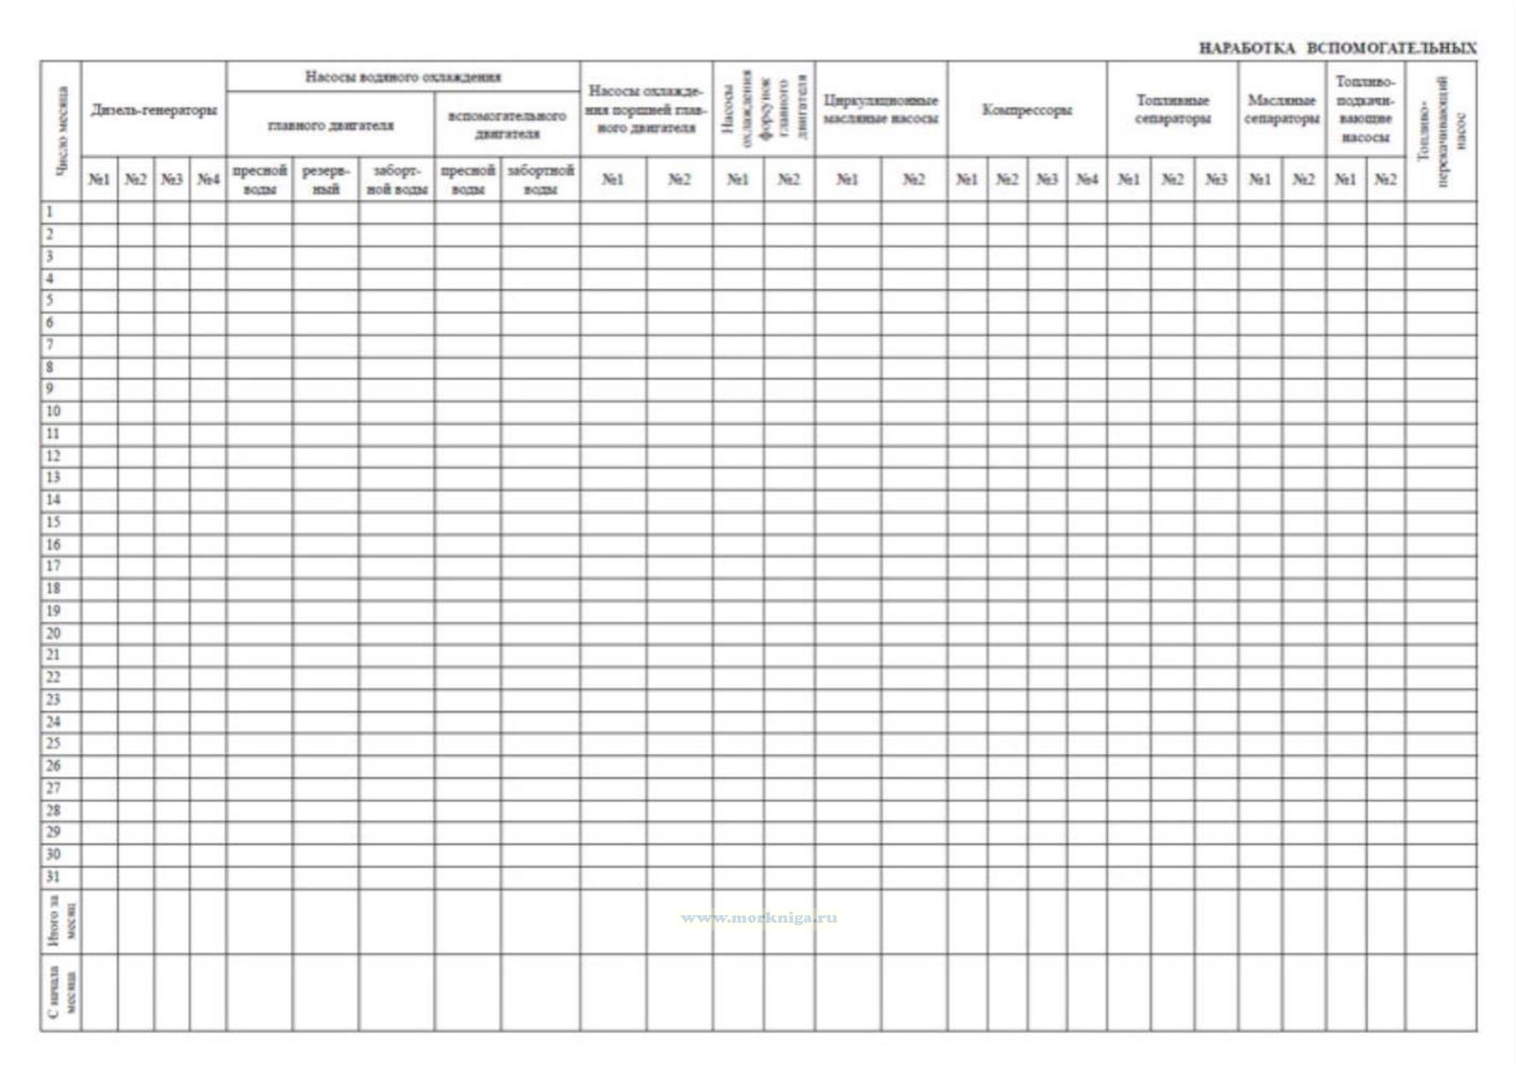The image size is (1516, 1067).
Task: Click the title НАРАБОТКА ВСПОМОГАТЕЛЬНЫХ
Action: coord(1337,48)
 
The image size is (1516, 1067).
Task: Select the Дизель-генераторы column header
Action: coord(154,110)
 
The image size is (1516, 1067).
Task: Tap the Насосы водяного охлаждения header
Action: coord(403,77)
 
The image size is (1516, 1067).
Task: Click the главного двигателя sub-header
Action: coord(330,125)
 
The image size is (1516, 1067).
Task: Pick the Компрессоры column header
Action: coord(1027,110)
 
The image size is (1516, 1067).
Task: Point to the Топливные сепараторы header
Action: coord(1172,110)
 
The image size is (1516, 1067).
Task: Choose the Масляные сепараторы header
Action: coord(1281,110)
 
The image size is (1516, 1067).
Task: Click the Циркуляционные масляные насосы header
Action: coord(880,110)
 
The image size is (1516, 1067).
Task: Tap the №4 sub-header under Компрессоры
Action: coord(1086,179)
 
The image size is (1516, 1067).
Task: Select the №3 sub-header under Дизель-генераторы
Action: coord(172,179)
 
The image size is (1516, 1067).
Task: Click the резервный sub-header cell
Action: coord(325,179)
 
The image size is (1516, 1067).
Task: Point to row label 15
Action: coord(53,522)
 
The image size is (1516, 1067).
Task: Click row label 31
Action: coord(53,877)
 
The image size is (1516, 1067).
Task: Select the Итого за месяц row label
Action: coord(61,922)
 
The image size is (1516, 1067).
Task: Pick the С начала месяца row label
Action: coord(61,992)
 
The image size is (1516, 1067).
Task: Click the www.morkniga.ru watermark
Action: coord(759,918)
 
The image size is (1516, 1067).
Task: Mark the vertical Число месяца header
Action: coord(61,131)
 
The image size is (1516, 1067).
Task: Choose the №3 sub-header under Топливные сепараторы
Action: coord(1216,179)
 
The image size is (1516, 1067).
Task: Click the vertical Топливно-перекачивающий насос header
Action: coord(1441,131)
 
